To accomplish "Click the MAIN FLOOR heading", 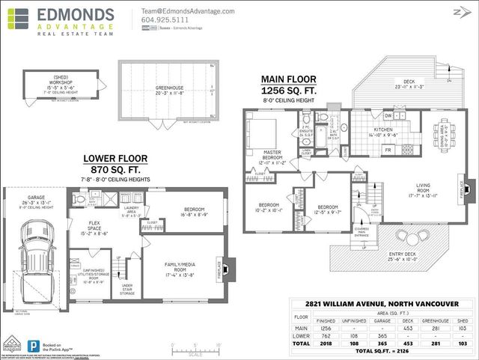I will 288,79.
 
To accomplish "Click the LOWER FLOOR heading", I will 115,159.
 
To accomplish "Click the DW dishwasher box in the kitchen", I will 388,116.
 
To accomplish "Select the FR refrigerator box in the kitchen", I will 387,150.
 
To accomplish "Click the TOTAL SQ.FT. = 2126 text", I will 401,350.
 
